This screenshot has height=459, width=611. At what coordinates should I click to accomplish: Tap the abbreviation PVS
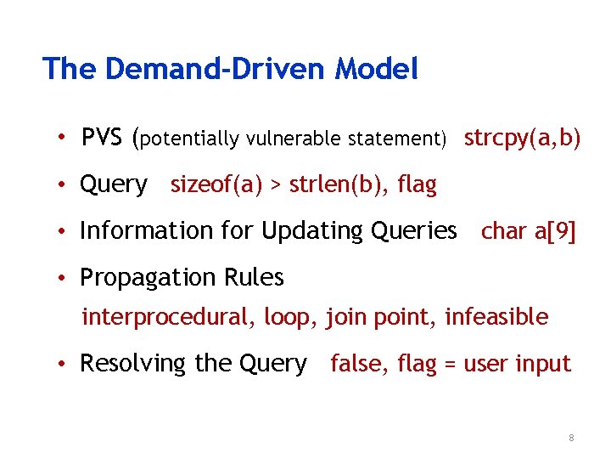[x=103, y=137]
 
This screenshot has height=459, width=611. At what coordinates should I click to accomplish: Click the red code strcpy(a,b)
[x=522, y=138]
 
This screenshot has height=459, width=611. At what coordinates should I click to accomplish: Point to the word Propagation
[x=143, y=278]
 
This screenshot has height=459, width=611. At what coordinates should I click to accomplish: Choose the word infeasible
[x=496, y=317]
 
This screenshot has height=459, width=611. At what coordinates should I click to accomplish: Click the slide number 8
[x=571, y=438]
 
